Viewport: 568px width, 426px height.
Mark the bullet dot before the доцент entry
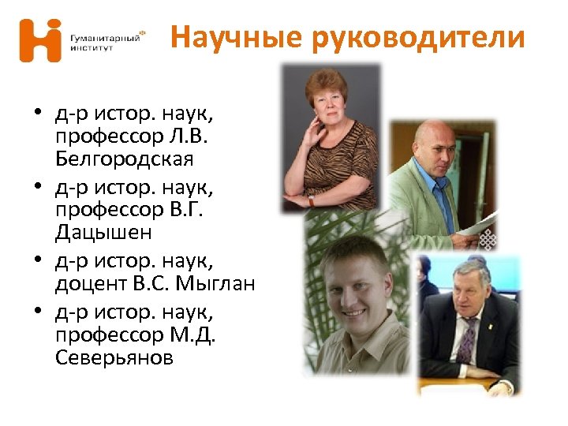37,259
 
